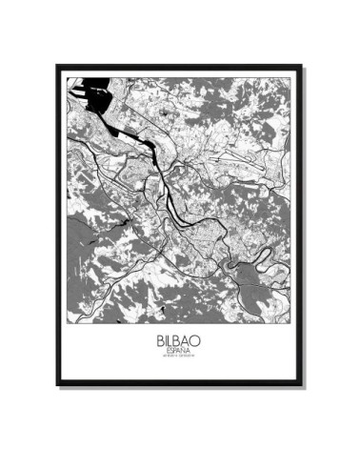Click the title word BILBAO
(x=178, y=340)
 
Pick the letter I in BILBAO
(x=164, y=340)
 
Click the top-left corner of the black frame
(x=57, y=65)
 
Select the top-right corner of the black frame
(x=303, y=65)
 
